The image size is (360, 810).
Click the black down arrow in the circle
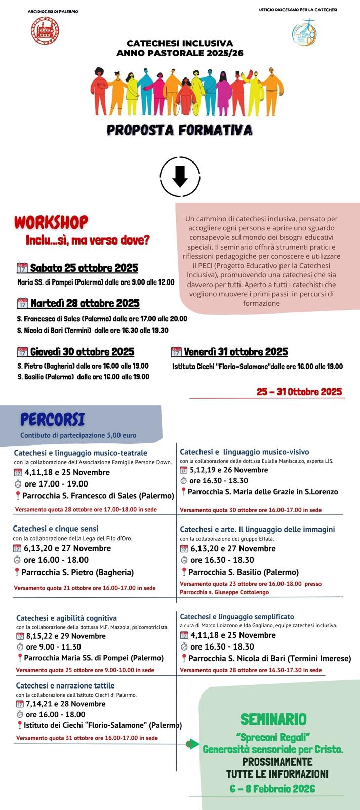180,177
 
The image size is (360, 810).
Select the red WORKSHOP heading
51,222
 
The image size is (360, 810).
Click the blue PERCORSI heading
52,419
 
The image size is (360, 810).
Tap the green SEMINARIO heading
273,719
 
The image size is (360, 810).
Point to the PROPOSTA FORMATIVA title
180,130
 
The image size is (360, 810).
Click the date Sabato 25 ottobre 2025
84,268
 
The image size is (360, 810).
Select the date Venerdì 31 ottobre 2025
235,352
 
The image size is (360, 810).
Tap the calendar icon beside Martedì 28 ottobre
22,303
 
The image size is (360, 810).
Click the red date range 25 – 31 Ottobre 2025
299,391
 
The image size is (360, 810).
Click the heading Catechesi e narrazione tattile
65,685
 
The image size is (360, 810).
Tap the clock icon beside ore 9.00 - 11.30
20,647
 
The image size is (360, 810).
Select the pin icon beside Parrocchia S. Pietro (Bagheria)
17,572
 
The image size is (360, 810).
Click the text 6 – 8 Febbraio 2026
272,789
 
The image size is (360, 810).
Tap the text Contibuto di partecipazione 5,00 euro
78,435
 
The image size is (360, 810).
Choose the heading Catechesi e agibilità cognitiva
66,618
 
